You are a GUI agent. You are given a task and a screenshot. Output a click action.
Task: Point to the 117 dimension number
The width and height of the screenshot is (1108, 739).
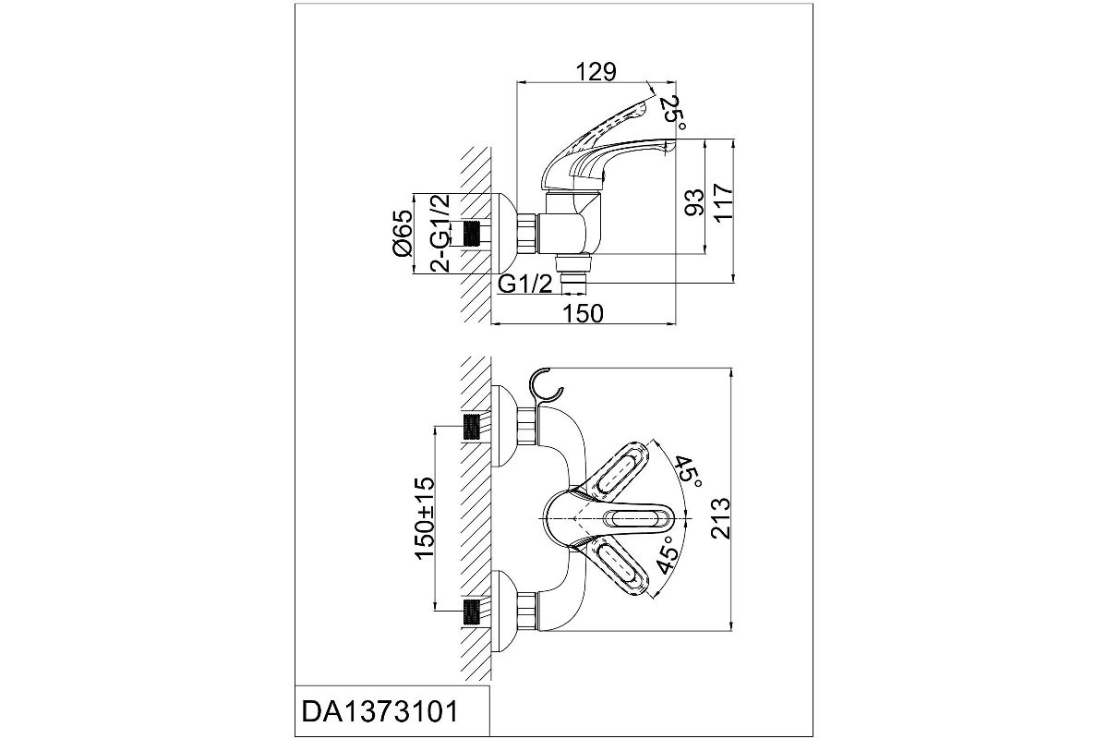723,200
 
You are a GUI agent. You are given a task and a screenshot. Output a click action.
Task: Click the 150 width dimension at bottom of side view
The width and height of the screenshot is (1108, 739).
583,313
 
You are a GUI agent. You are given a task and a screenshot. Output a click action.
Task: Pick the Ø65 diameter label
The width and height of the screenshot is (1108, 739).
402,233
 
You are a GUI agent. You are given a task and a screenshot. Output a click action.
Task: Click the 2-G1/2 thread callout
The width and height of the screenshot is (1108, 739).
441,233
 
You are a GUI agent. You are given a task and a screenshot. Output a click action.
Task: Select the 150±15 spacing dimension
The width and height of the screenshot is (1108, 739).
425,517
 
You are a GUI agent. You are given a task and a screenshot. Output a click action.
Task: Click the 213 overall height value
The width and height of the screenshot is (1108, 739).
720,517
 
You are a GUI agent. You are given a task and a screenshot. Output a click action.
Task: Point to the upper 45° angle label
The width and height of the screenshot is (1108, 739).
688,472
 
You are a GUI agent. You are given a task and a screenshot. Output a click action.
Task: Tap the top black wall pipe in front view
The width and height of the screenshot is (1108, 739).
472,427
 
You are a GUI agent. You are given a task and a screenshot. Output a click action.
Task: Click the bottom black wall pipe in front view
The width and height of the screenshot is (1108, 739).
472,610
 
